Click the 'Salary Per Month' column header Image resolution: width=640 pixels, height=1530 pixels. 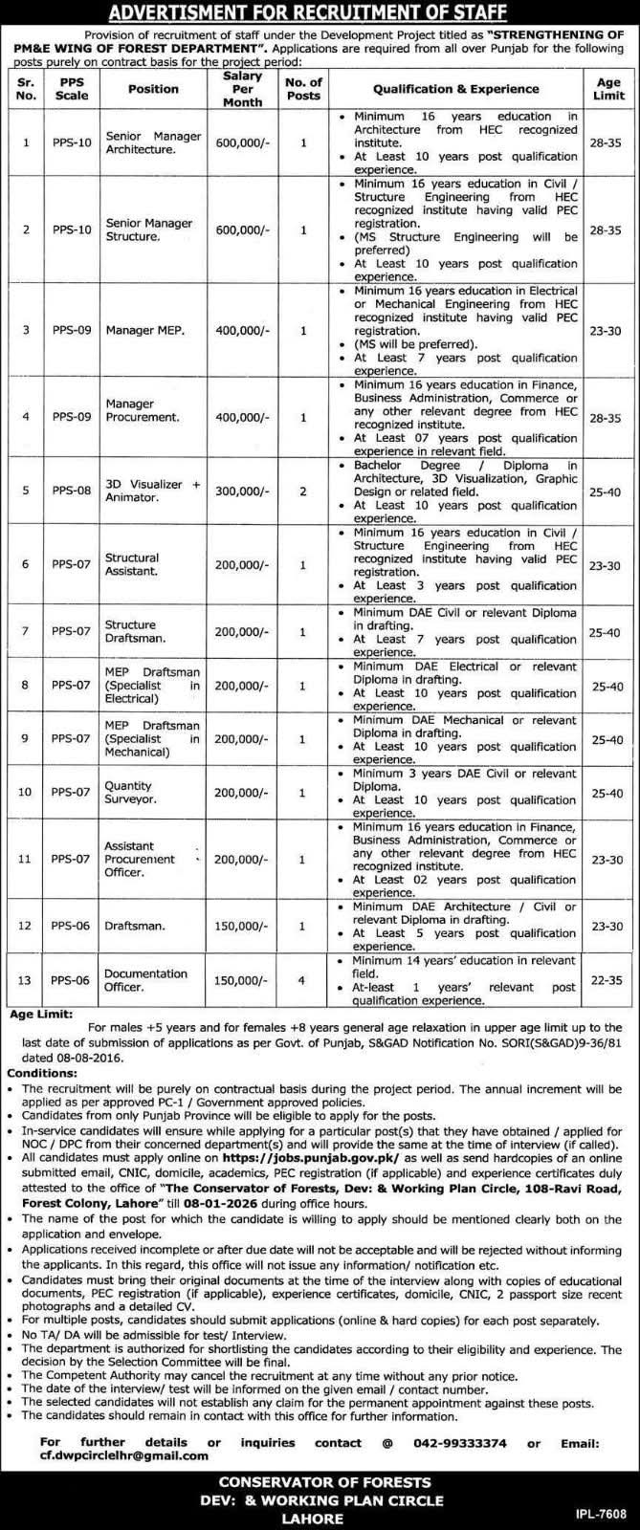click(x=242, y=88)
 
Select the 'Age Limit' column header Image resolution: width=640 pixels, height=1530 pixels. click(x=607, y=88)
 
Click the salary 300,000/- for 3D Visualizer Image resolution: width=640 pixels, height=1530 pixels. click(x=242, y=491)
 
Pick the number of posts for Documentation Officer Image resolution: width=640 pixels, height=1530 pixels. click(x=303, y=980)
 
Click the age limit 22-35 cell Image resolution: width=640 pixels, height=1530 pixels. click(x=607, y=980)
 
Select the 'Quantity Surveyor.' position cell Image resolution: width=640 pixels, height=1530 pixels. click(x=129, y=793)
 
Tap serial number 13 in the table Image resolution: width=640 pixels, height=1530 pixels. click(x=26, y=980)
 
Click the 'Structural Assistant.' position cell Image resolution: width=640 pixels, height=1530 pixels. click(x=133, y=564)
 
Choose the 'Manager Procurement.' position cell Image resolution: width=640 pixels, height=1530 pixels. click(x=143, y=410)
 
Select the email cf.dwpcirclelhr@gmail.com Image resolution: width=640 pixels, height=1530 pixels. click(x=125, y=1455)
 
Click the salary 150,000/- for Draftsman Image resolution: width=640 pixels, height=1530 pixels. click(x=242, y=926)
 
